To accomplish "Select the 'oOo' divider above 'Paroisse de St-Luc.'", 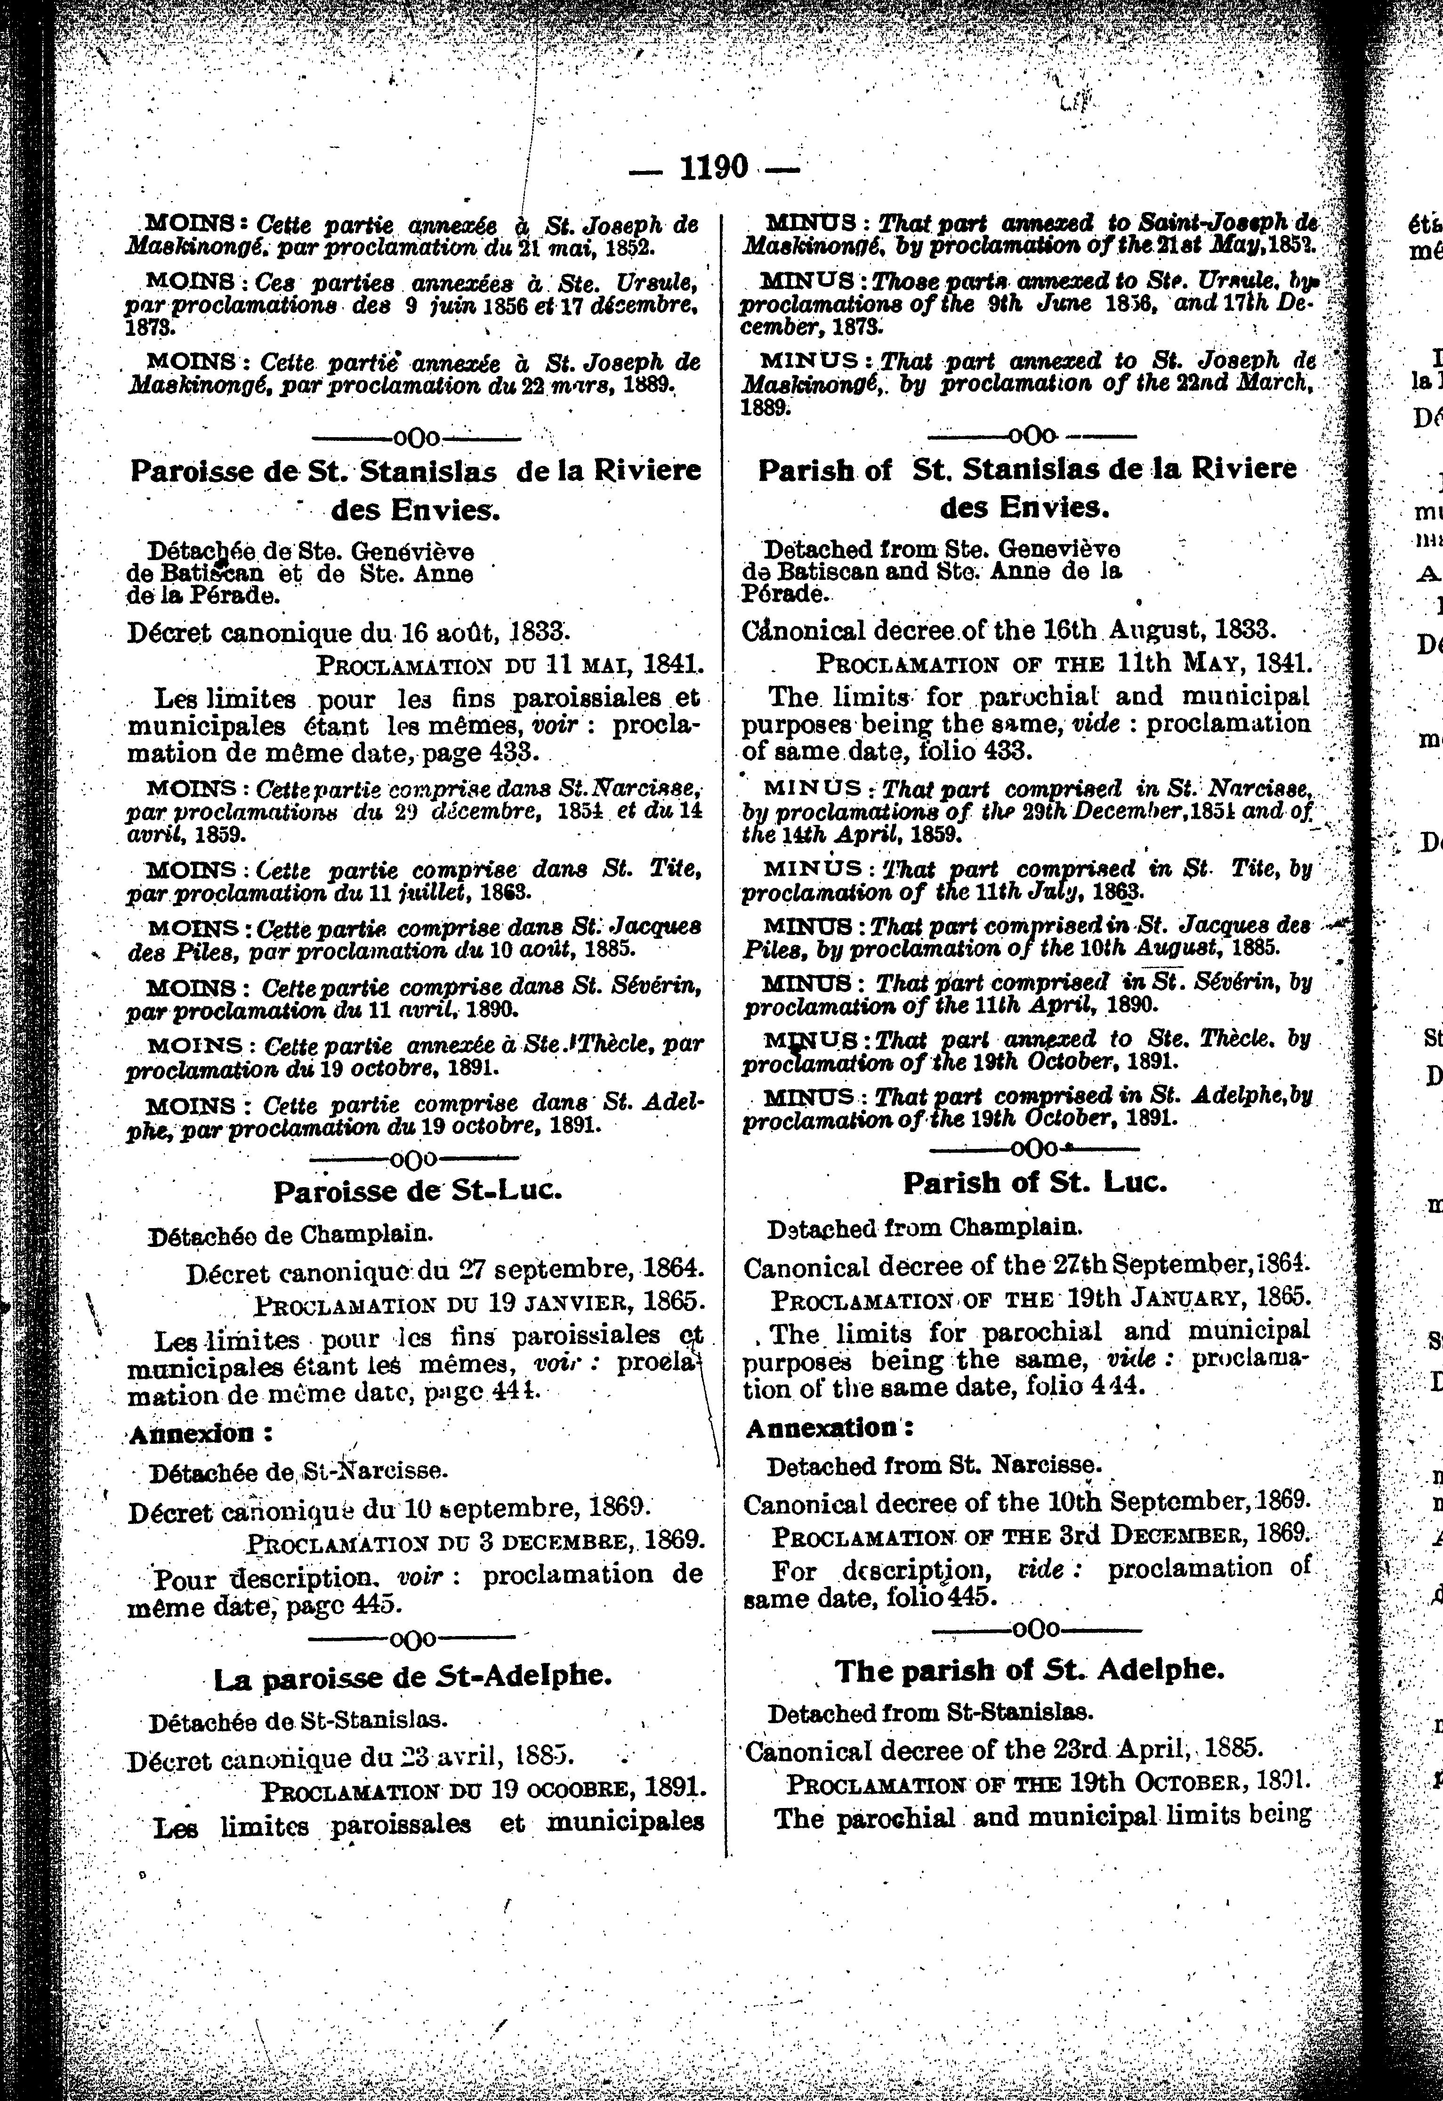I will pyautogui.click(x=414, y=1158).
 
